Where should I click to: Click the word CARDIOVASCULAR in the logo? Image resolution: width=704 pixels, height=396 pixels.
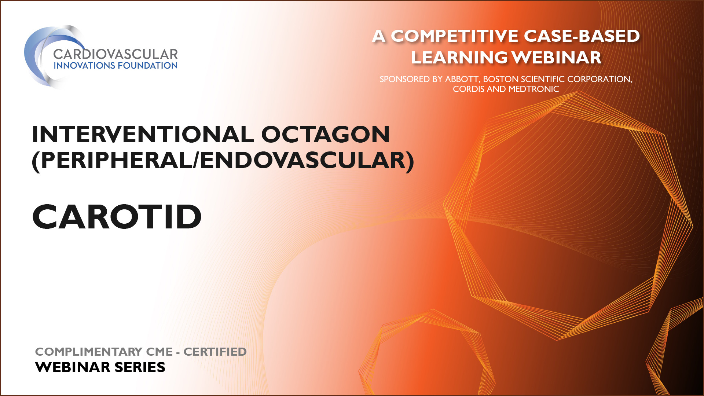pyautogui.click(x=115, y=54)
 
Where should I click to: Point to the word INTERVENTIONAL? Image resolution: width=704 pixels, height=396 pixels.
pyautogui.click(x=143, y=134)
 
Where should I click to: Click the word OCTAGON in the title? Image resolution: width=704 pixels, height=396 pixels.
pyautogui.click(x=325, y=134)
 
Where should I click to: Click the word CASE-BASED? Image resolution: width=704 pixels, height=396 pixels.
pyautogui.click(x=582, y=36)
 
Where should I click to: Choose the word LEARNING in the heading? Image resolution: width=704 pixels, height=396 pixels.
pyautogui.click(x=459, y=58)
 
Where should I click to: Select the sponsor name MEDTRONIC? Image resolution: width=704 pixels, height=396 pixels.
pyautogui.click(x=534, y=89)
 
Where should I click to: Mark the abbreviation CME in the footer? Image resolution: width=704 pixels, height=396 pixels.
pyautogui.click(x=159, y=352)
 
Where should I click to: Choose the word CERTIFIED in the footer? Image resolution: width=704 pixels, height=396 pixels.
pyautogui.click(x=215, y=352)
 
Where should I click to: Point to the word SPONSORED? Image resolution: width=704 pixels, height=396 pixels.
pyautogui.click(x=405, y=79)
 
